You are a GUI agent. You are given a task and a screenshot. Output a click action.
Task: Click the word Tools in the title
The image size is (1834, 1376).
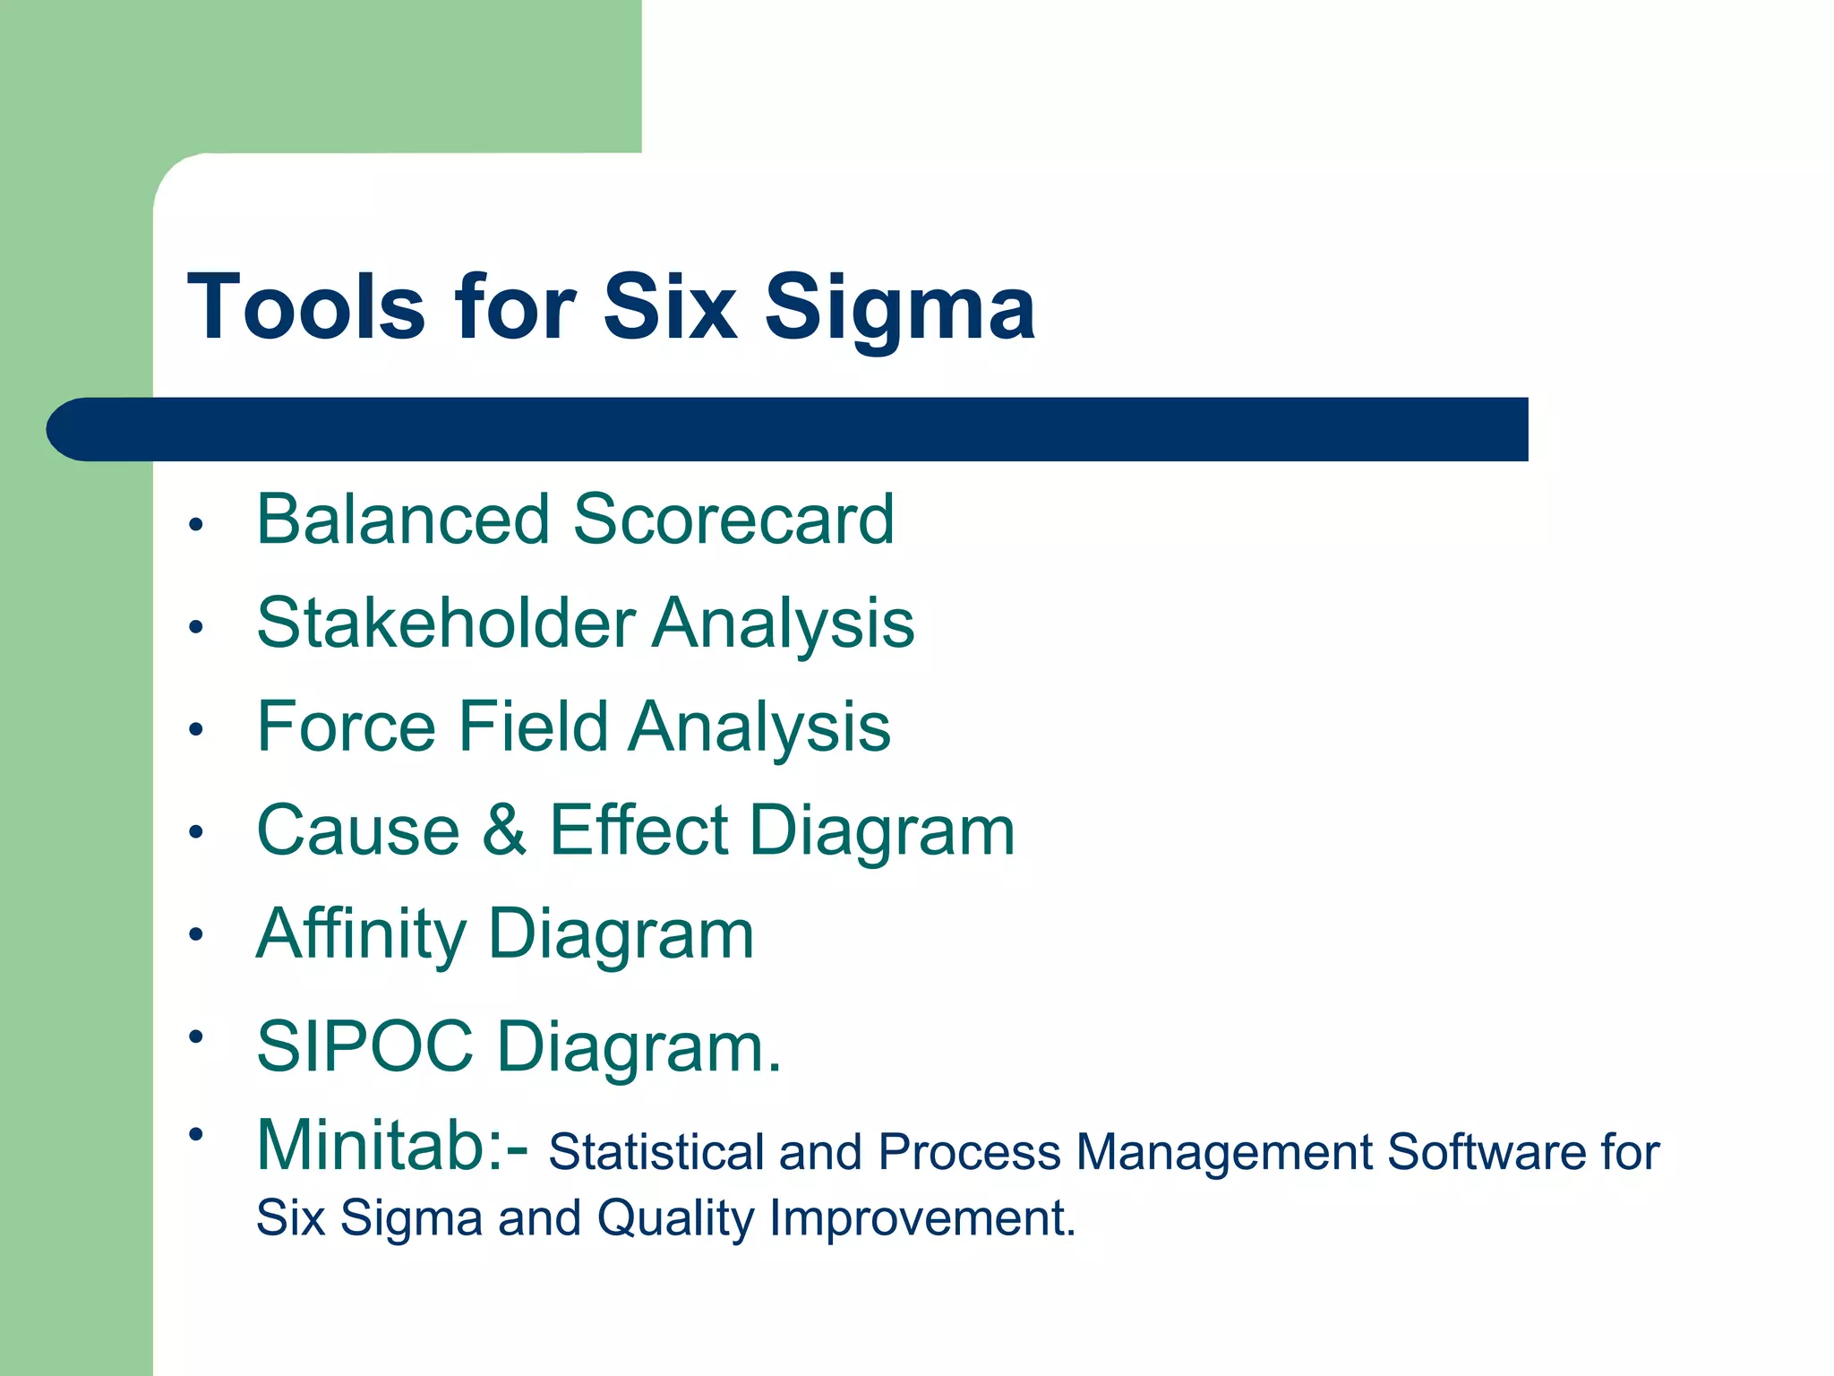coord(305,307)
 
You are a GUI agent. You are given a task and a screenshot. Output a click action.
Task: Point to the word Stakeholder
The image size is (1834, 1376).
coord(446,623)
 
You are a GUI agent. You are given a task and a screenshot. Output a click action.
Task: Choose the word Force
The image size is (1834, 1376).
coord(346,726)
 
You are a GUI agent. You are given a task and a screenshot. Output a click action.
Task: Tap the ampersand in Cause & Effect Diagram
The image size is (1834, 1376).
coord(504,830)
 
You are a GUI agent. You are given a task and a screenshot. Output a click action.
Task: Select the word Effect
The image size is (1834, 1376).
coord(638,830)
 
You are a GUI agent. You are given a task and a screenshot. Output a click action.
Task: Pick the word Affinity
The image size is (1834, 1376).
coord(361,934)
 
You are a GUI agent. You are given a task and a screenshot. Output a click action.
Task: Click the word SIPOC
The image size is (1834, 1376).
coord(364,1045)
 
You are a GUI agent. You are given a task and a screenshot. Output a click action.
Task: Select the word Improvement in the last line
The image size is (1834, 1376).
coord(921,1218)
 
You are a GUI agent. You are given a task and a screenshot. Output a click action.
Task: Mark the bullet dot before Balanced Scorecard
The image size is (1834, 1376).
coord(196,524)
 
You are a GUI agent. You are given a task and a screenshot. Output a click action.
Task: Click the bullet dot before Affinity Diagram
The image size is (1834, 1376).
coord(196,935)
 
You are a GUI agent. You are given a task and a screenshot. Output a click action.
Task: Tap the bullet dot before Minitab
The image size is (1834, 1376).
coord(196,1135)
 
